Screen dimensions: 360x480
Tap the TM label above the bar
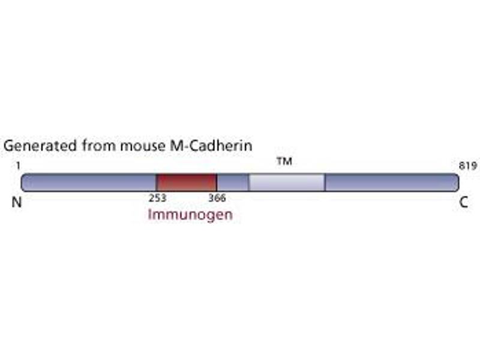click(x=284, y=162)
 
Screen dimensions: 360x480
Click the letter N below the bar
click(x=17, y=202)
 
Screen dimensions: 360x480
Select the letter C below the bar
click(x=464, y=202)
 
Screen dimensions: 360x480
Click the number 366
click(x=217, y=198)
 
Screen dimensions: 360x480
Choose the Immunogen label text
click(x=190, y=214)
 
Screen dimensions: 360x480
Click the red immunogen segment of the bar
click(x=186, y=182)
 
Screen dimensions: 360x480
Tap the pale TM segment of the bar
click(x=287, y=182)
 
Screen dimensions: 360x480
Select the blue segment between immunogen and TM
click(x=233, y=182)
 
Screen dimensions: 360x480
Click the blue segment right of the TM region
click(x=390, y=182)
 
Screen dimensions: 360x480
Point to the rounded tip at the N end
click(x=23, y=182)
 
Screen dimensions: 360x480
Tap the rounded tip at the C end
click(x=457, y=182)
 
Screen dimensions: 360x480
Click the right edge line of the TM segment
click(x=325, y=182)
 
